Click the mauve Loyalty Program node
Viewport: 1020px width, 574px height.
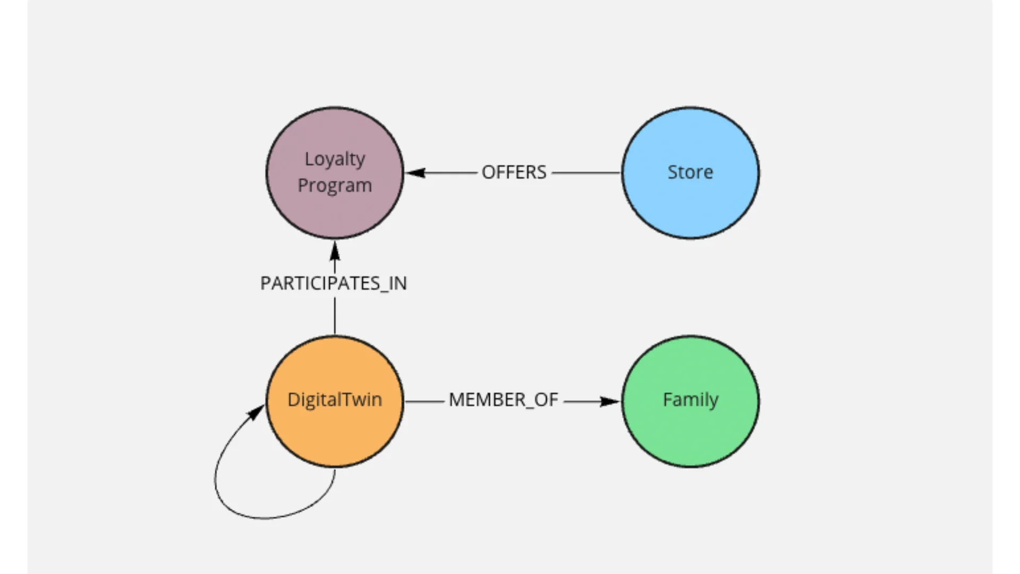pos(335,173)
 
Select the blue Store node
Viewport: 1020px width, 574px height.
pos(691,173)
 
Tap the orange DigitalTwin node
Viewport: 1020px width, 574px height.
pos(335,401)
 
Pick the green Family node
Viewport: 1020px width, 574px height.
pos(691,401)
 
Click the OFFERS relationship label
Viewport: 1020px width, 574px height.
pos(514,173)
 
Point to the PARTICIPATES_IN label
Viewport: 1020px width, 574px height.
pos(334,283)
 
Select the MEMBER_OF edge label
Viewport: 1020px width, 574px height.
pos(503,400)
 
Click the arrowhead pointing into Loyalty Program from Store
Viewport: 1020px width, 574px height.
pos(415,173)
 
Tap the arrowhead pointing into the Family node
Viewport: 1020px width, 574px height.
pos(610,401)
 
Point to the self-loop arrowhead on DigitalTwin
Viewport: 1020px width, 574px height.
pos(257,412)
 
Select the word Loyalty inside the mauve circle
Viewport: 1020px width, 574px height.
pos(335,159)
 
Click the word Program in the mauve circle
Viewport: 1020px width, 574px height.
pos(335,186)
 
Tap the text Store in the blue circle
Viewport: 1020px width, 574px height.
pos(690,172)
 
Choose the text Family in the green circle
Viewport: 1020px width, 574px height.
pos(691,400)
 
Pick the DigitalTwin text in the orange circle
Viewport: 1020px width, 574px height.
pos(335,400)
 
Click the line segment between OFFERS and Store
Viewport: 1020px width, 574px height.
pos(586,173)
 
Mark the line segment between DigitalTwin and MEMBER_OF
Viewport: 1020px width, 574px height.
pos(424,401)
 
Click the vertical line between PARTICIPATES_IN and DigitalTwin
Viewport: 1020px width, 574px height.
pos(335,316)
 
